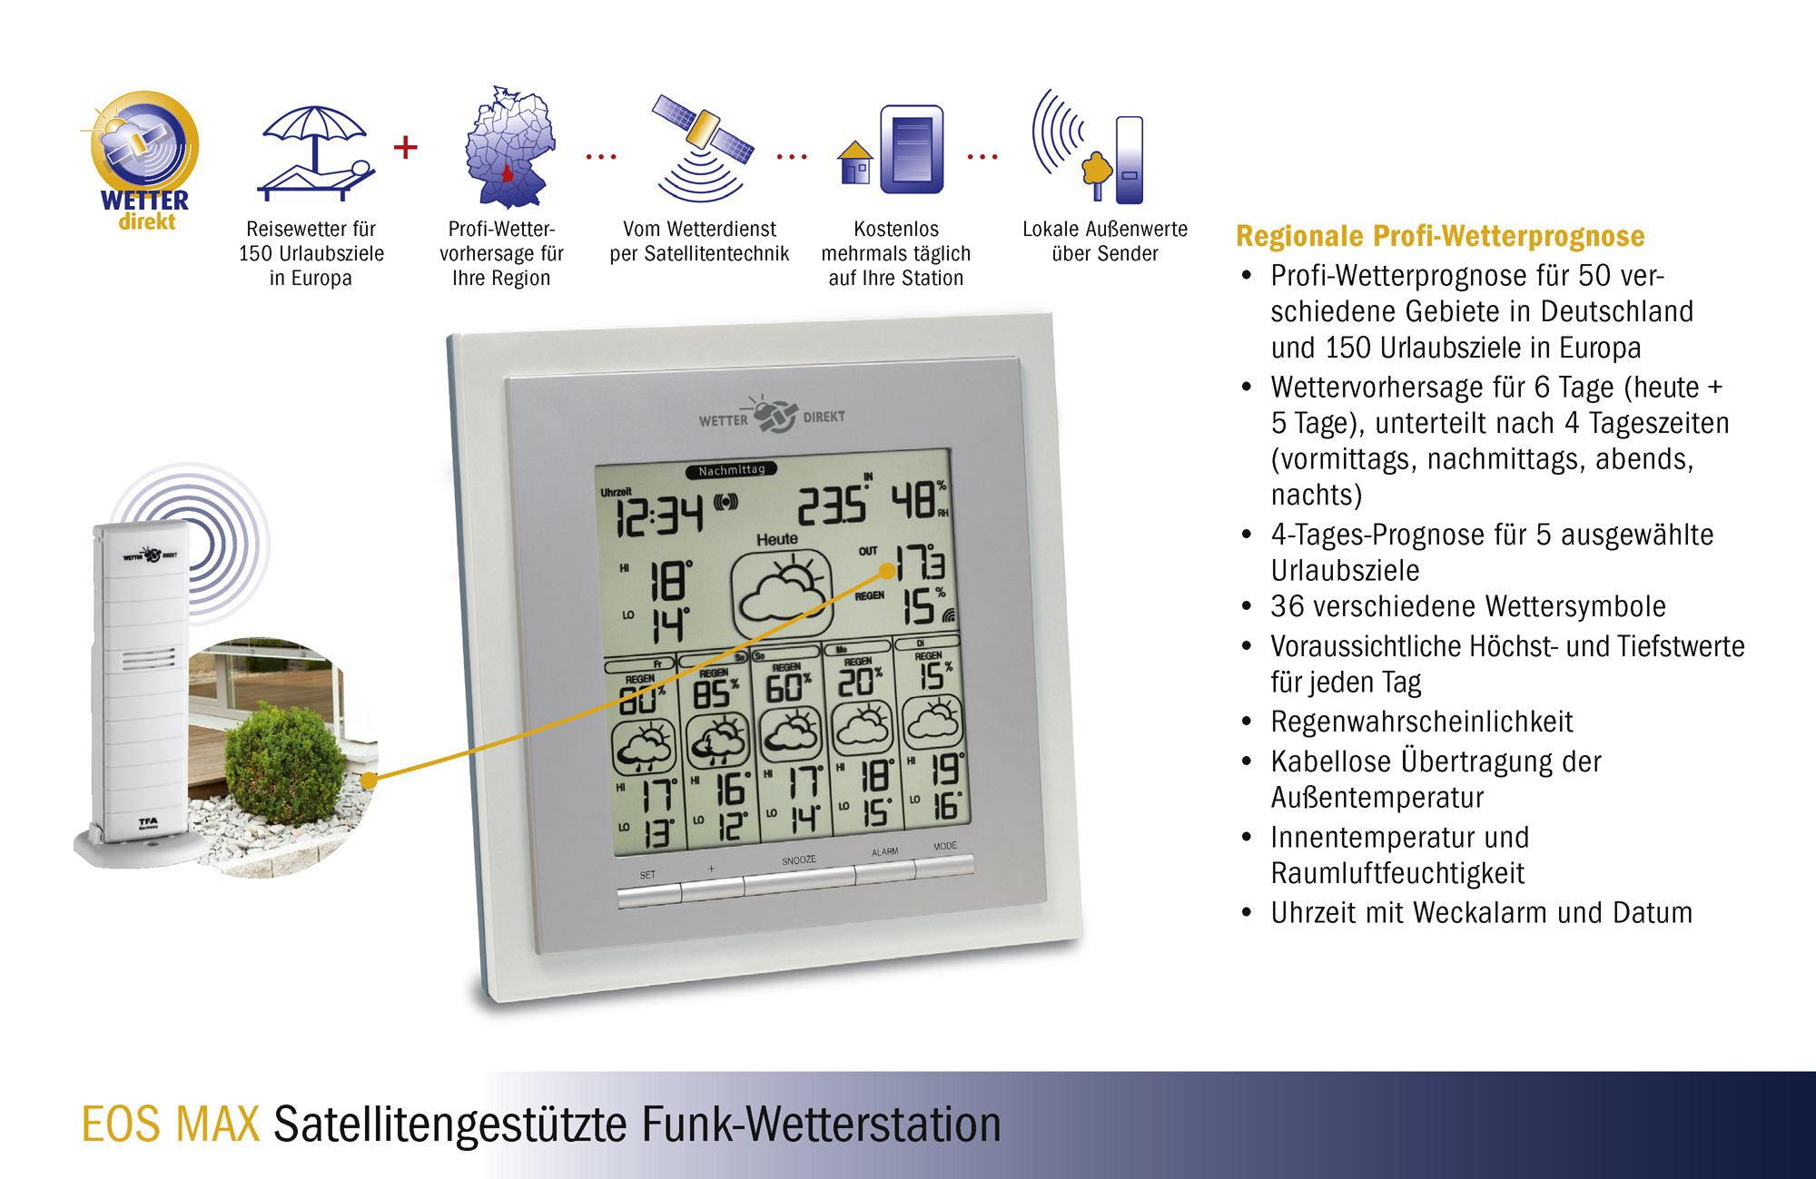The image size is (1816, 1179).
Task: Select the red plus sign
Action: (406, 147)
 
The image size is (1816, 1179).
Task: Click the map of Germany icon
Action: (509, 147)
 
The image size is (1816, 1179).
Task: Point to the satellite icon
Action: (702, 145)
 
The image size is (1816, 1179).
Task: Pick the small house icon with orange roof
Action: (855, 162)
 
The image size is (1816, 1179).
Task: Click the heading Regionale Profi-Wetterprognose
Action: (1440, 237)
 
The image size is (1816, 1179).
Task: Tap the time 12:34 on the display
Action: (660, 516)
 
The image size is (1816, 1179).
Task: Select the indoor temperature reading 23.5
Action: (832, 505)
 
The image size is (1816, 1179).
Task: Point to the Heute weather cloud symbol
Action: (783, 592)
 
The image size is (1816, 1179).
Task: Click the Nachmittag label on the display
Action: (732, 470)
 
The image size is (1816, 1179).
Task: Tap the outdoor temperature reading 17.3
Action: (921, 563)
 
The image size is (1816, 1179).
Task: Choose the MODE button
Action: (944, 863)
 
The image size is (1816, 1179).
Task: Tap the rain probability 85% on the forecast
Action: (716, 694)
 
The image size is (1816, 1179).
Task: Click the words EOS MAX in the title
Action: (171, 1125)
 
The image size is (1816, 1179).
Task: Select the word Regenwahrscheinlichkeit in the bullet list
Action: (1421, 722)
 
